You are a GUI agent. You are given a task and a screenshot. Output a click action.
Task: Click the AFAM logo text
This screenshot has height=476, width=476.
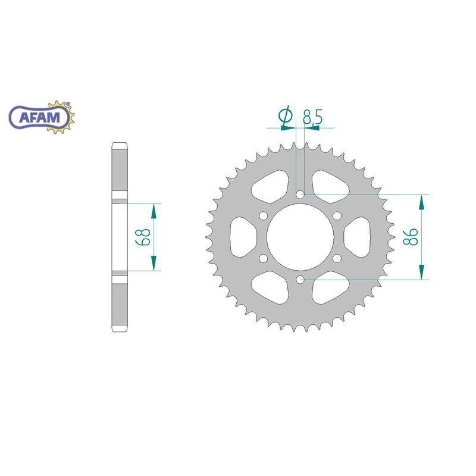tap(39, 117)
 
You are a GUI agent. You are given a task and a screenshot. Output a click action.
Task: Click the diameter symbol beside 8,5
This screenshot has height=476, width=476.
tap(286, 116)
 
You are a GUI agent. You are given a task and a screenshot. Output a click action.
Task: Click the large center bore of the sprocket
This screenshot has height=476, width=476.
tap(300, 237)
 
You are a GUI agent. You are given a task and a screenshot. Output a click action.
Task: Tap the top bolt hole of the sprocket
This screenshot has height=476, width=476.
tap(300, 195)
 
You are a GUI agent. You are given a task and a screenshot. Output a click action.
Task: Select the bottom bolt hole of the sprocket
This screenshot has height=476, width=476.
tap(300, 280)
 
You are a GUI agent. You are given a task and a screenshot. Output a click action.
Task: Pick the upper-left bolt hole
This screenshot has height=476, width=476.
tap(264, 216)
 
